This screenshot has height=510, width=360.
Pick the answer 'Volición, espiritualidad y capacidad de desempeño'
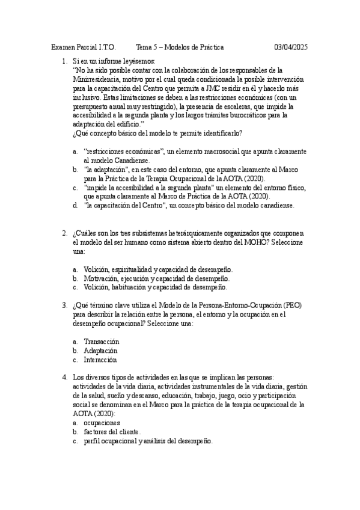pos(158,269)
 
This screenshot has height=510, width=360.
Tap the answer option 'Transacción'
pos(102,341)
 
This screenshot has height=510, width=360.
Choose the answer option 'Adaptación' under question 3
pos(101,350)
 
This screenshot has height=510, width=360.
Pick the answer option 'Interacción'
pos(100,360)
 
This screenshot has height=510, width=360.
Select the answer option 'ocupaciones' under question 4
pos(102,423)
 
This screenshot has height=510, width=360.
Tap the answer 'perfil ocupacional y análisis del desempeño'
pos(148,441)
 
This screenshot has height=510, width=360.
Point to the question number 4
pos(64,377)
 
